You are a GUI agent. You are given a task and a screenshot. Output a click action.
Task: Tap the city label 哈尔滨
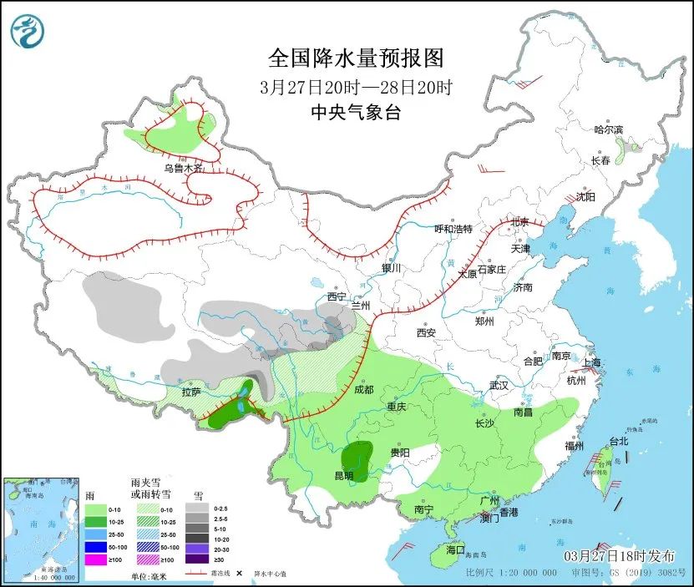(608, 129)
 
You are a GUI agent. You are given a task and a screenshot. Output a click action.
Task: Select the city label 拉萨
(191, 392)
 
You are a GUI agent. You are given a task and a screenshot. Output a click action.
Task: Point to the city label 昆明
(343, 476)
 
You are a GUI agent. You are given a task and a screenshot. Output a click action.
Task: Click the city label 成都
(365, 389)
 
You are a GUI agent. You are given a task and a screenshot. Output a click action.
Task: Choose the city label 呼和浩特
(453, 229)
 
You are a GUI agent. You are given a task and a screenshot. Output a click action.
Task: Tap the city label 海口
(454, 550)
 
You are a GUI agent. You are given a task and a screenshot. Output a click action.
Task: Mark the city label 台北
(618, 440)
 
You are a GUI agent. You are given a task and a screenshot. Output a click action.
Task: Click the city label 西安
(426, 332)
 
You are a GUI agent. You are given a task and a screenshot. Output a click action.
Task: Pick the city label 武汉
(499, 386)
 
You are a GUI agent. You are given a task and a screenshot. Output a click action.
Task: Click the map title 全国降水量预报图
(355, 58)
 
